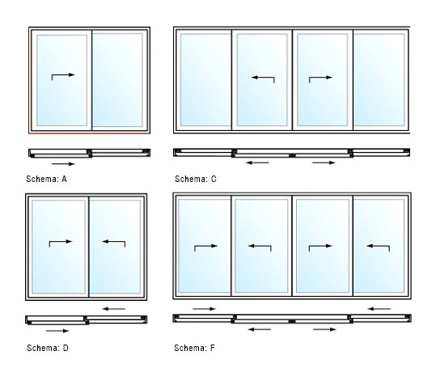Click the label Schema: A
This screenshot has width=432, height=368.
pyautogui.click(x=47, y=179)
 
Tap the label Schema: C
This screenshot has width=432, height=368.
pyautogui.click(x=196, y=179)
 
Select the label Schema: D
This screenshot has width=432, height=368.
pyautogui.click(x=48, y=348)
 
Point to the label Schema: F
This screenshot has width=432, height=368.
pyautogui.click(x=194, y=348)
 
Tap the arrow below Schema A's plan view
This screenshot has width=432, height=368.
pyautogui.click(x=63, y=164)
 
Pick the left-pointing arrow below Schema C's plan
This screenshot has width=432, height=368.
pyautogui.click(x=257, y=163)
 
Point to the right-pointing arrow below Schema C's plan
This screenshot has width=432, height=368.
pyautogui.click(x=324, y=163)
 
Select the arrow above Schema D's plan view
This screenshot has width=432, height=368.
pyautogui.click(x=114, y=309)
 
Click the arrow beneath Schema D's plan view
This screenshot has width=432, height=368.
pyautogui.click(x=57, y=331)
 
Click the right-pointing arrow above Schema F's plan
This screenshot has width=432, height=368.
pyautogui.click(x=204, y=309)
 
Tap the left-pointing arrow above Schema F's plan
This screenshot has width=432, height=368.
pyautogui.click(x=379, y=309)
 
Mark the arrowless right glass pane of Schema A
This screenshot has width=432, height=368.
pyautogui.click(x=117, y=80)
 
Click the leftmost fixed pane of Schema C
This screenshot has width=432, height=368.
pyautogui.click(x=205, y=80)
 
